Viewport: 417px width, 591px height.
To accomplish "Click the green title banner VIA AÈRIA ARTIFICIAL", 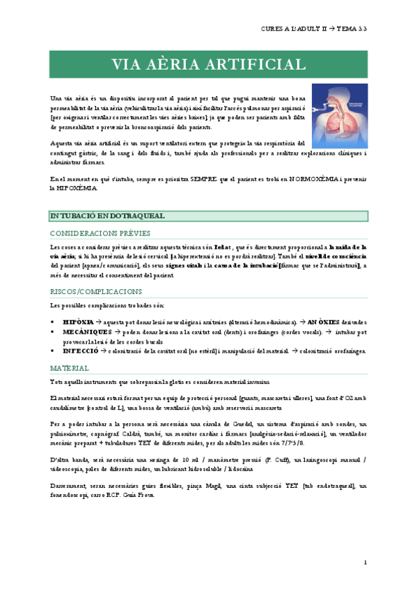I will click(x=208, y=65).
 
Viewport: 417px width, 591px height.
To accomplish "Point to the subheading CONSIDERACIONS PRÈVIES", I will click(x=100, y=233).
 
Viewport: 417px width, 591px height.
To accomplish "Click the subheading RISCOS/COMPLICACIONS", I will click(x=96, y=291).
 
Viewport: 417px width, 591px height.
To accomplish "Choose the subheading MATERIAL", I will click(x=70, y=367).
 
